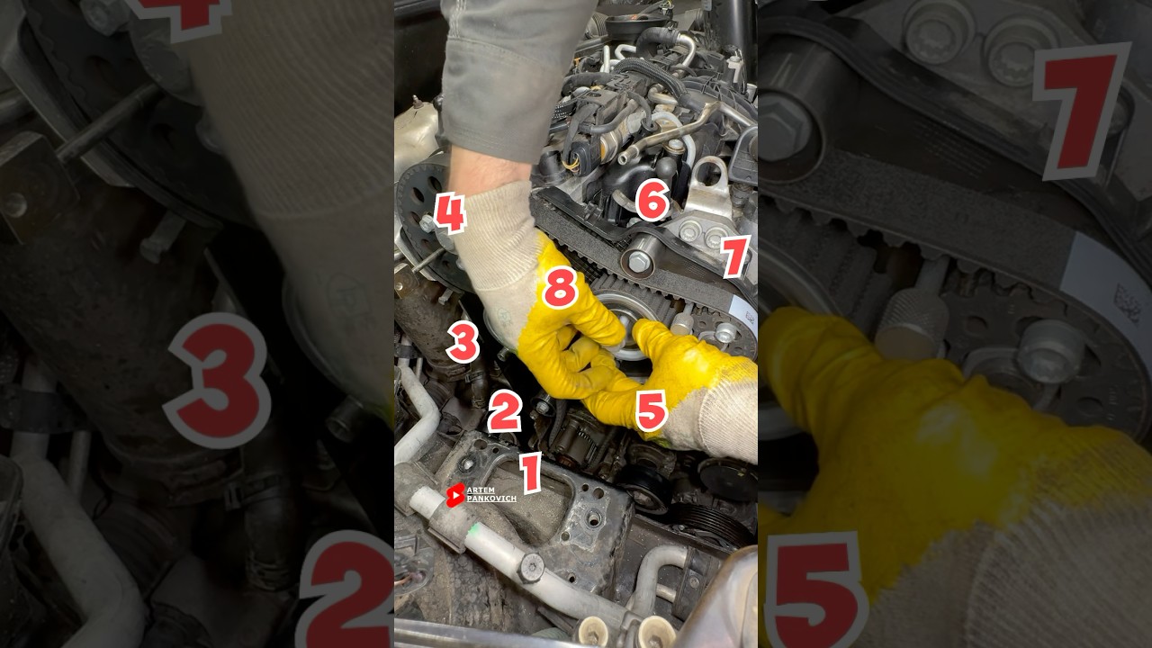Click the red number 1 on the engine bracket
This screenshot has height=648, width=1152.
click(530, 472)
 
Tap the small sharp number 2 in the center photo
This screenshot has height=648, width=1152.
click(504, 411)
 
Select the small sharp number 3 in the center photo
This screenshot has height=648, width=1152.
click(463, 343)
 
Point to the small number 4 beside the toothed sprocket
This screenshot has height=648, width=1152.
click(449, 214)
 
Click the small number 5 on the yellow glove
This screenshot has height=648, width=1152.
click(651, 410)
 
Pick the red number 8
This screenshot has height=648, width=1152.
click(559, 288)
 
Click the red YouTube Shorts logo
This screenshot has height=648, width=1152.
click(455, 495)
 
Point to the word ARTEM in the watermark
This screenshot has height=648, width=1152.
click(481, 490)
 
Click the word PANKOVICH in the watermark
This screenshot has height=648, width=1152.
click(491, 499)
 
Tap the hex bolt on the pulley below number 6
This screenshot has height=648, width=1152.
click(638, 262)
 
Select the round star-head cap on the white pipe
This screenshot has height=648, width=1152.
click(531, 566)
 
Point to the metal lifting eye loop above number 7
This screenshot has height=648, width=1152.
click(711, 171)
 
